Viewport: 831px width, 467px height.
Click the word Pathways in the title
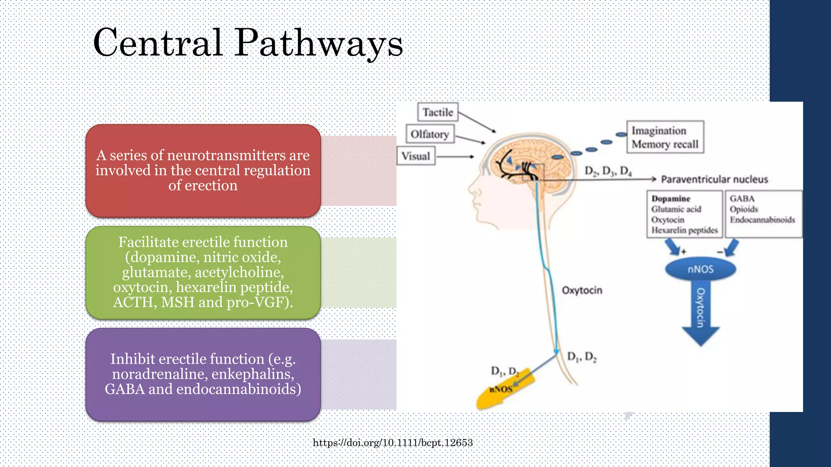[319, 43]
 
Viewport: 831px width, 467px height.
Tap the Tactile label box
[437, 112]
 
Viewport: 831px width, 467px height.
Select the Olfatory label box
[430, 134]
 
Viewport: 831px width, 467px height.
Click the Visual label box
[415, 156]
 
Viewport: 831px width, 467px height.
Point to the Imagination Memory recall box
[665, 137]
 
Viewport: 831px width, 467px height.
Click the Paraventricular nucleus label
[714, 179]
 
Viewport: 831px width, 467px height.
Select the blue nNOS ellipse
[700, 270]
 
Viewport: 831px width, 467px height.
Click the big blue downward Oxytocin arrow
[700, 312]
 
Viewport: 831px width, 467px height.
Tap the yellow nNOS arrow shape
[503, 391]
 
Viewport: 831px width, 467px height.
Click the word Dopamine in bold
[670, 199]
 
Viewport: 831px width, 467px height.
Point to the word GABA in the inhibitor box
[742, 199]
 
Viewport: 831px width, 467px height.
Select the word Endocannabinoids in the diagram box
[762, 220]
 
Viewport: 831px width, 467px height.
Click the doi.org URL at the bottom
[392, 443]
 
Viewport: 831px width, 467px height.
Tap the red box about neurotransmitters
[203, 171]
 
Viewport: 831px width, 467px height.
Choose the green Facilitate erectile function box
[203, 272]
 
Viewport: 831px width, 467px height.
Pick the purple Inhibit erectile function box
[203, 374]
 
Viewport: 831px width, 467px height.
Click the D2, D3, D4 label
[607, 171]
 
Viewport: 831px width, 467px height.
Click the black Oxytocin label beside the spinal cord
[581, 290]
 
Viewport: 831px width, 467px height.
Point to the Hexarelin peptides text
[684, 230]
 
